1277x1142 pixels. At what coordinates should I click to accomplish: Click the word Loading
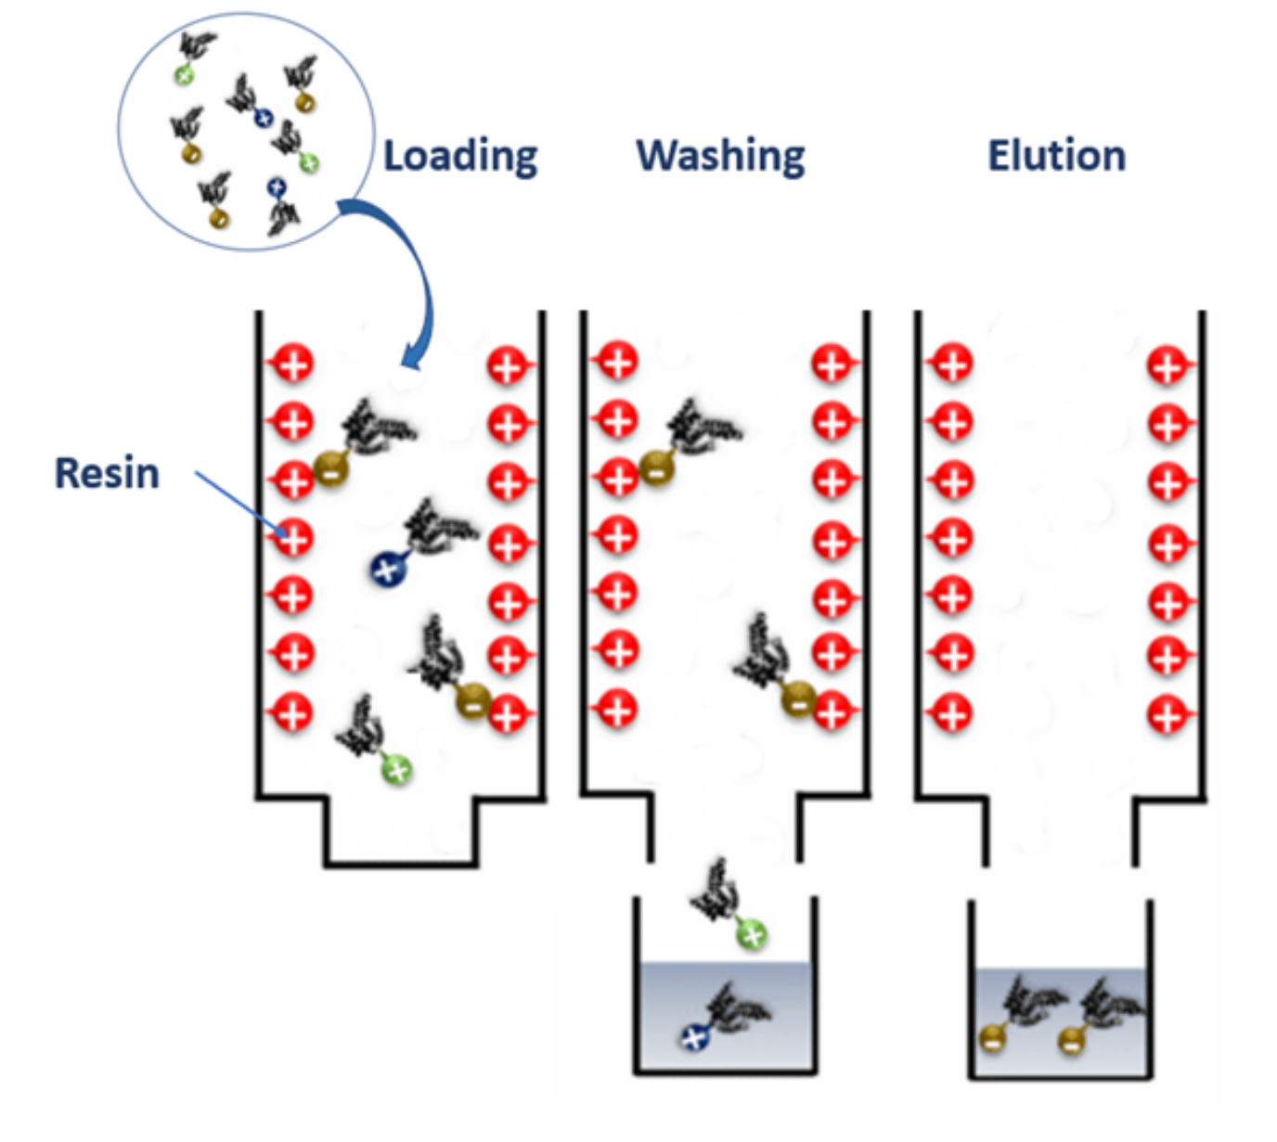point(460,156)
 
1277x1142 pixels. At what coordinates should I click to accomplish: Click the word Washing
point(720,156)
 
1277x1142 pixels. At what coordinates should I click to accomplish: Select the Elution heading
point(1056,155)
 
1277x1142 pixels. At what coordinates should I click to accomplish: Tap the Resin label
point(107,473)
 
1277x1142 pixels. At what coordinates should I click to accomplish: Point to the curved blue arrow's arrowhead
point(412,356)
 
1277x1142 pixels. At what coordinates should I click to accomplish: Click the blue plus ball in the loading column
point(387,570)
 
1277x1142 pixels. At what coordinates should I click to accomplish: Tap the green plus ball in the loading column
point(396,769)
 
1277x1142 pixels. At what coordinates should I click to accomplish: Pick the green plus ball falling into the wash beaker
point(752,934)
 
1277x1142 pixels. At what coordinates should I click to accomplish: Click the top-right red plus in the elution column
point(1167,366)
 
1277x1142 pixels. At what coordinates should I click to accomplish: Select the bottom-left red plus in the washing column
point(616,710)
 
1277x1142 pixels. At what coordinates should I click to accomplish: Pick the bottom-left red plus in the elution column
point(950,712)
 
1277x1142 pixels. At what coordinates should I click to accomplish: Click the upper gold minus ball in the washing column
point(657,469)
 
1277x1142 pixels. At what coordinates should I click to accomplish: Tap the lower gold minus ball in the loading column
point(473,700)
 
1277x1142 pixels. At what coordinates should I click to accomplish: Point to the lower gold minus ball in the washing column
point(799,699)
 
